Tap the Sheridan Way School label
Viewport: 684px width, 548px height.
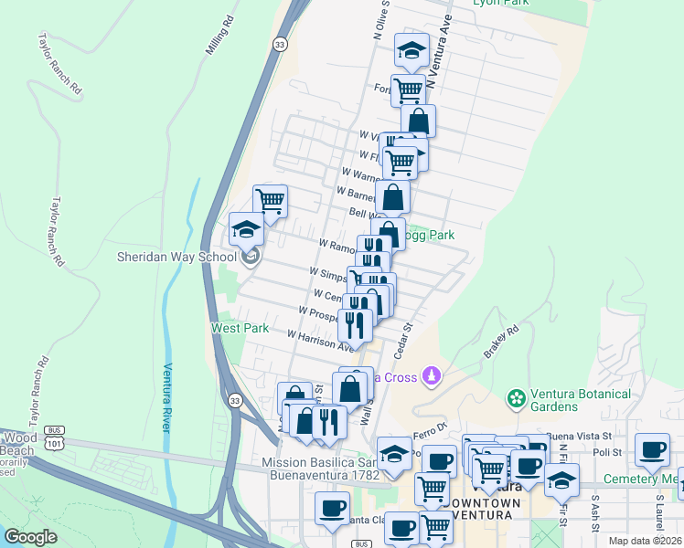tap(176, 257)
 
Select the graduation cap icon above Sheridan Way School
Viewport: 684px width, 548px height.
tap(246, 229)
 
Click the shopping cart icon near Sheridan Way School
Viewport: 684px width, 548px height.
tap(270, 200)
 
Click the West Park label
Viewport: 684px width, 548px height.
tap(240, 327)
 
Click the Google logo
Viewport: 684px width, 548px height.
tap(30, 537)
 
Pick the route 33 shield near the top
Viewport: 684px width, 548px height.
tap(280, 43)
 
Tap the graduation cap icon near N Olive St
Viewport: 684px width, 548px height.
tap(411, 50)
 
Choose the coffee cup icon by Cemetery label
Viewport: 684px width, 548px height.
tap(652, 449)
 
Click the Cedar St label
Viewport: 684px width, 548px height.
tap(403, 339)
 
